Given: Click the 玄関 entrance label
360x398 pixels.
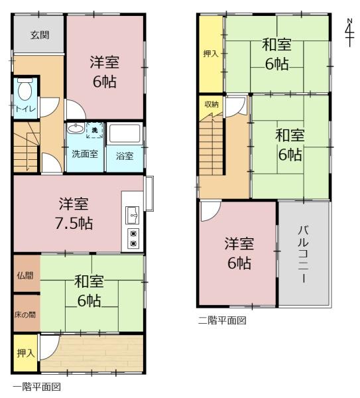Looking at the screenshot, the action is (x=40, y=34).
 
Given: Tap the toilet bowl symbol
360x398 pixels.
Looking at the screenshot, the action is (x=25, y=90).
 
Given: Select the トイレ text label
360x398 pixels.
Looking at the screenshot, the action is (x=26, y=109).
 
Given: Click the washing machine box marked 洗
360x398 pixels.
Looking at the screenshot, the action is (x=95, y=131).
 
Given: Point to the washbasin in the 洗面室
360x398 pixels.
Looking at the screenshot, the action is (x=76, y=128).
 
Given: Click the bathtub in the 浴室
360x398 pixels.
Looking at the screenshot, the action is (x=125, y=134).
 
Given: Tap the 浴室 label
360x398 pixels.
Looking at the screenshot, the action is (x=125, y=156).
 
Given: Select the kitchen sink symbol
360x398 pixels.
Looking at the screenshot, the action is (x=133, y=216).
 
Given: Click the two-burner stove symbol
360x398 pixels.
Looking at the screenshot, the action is (x=133, y=238).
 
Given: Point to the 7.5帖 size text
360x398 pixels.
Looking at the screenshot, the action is (x=74, y=224).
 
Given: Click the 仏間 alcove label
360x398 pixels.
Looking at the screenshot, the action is (x=25, y=275).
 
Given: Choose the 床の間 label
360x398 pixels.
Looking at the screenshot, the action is (x=25, y=315).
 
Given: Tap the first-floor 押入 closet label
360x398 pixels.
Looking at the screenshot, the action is (x=26, y=353).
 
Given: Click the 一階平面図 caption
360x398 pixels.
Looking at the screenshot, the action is (x=37, y=387).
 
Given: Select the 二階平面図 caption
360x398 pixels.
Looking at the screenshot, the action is (x=222, y=320).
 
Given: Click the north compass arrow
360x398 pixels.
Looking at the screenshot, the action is (x=350, y=33).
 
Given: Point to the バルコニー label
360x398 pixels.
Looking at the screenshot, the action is (x=304, y=254).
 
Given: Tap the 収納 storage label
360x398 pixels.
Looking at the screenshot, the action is (x=211, y=104).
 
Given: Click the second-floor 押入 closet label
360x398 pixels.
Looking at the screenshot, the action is (x=211, y=54).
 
